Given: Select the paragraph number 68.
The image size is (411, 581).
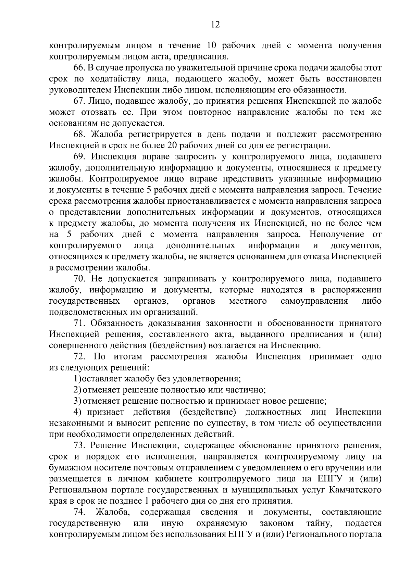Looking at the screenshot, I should click(80, 134).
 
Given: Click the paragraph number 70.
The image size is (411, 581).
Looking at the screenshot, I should click(80, 279).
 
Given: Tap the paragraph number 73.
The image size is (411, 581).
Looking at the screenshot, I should click(80, 445).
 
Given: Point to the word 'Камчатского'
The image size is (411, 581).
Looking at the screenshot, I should click(354, 490).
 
